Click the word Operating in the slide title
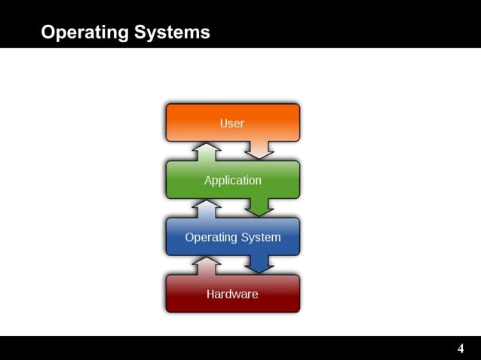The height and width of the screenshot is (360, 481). click(85, 33)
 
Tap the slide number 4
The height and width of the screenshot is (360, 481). click(461, 349)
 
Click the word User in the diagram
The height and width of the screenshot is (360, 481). click(232, 124)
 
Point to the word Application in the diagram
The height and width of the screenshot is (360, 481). click(232, 181)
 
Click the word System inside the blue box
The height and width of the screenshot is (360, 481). click(261, 237)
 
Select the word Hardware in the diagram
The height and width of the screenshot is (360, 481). click(232, 294)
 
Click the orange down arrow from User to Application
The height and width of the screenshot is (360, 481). click(260, 150)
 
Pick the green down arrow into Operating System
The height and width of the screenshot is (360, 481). click(260, 207)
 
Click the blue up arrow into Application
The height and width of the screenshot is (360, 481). click(206, 208)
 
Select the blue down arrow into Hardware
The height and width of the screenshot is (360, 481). click(260, 264)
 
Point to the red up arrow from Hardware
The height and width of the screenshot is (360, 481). click(206, 265)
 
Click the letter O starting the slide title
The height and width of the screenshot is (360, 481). click(47, 33)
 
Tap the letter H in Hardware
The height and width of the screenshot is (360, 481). click(211, 294)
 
